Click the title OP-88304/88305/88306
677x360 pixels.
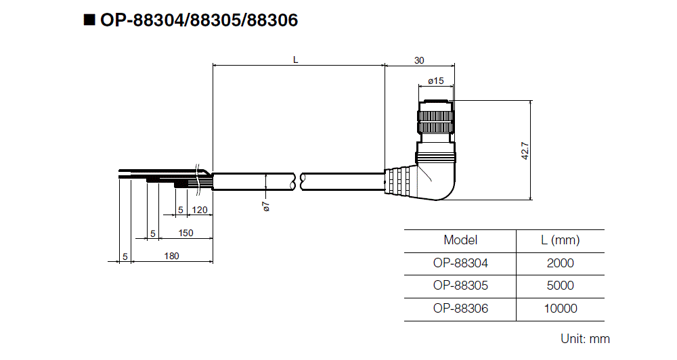(198, 20)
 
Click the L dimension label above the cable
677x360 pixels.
(295, 60)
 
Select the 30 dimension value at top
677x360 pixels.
(419, 60)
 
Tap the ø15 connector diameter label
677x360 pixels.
(436, 81)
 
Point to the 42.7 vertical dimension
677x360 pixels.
(525, 150)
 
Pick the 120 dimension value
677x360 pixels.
(200, 210)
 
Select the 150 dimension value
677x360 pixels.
(185, 233)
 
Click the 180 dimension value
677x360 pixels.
(171, 256)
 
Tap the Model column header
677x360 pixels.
(460, 240)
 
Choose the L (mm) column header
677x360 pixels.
(560, 240)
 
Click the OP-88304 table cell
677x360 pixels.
(460, 263)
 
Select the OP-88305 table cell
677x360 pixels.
(460, 286)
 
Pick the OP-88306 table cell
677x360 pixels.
(460, 309)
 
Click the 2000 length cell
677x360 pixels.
(560, 263)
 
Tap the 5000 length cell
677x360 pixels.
(560, 286)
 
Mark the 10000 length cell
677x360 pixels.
(560, 309)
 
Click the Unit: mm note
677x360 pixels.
(585, 338)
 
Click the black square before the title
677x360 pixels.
(89, 20)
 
